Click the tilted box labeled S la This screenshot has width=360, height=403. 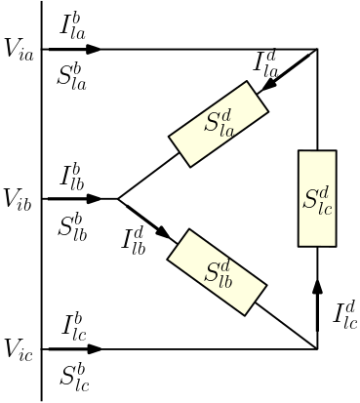click(x=219, y=124)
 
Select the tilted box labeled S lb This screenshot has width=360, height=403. click(x=217, y=272)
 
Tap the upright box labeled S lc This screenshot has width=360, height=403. click(x=317, y=198)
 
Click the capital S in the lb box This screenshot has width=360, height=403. click(x=211, y=272)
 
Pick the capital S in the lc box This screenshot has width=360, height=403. click(x=311, y=198)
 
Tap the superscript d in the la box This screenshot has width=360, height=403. click(x=226, y=115)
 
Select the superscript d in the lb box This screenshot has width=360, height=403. click(x=225, y=263)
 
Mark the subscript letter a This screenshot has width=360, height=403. click(x=229, y=130)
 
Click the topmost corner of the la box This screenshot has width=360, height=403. click(x=248, y=82)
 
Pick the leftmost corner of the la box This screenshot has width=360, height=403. click(x=170, y=137)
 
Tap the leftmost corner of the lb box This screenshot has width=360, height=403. click(x=168, y=259)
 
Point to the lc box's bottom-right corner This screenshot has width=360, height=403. click(x=335, y=245)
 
